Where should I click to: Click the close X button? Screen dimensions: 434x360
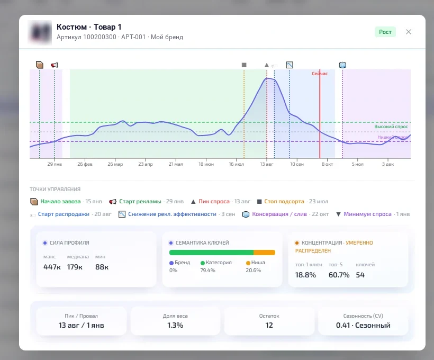[409, 32]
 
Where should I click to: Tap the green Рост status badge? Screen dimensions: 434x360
[385, 32]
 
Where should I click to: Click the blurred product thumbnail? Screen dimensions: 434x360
[40, 32]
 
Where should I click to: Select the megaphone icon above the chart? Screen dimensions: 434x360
[55, 65]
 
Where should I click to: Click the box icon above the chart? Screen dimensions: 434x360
[40, 65]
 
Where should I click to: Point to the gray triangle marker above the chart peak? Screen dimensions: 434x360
[267, 65]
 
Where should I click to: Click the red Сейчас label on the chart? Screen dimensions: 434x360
[320, 74]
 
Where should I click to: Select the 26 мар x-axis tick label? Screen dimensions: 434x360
[115, 164]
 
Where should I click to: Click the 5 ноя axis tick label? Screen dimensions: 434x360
[358, 164]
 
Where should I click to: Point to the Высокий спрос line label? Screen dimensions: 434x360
[391, 127]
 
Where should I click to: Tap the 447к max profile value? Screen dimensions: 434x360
[52, 267]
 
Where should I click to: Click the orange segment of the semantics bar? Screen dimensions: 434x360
[264, 253]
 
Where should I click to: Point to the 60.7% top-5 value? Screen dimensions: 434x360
[339, 275]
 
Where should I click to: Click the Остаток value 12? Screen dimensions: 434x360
[269, 325]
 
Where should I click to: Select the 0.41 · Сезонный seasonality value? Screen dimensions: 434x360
[363, 325]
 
